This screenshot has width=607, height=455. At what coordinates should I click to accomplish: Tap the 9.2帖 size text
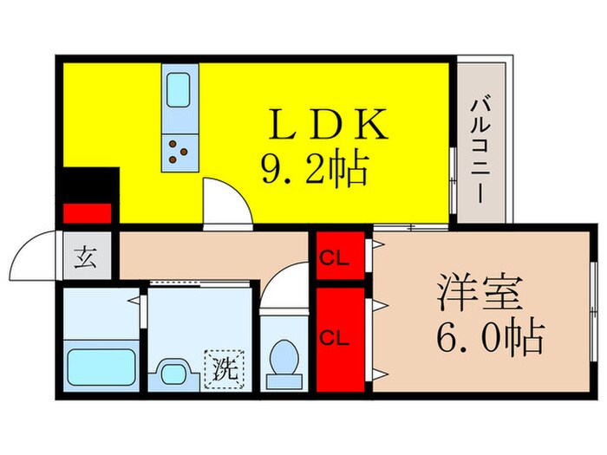(x=315, y=168)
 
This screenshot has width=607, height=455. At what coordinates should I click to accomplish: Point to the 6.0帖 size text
(x=477, y=337)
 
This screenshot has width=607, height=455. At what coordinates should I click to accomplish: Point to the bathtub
(x=102, y=368)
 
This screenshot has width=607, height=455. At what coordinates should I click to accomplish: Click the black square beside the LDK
(x=87, y=184)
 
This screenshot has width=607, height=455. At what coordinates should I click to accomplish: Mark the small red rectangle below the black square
(x=87, y=213)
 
